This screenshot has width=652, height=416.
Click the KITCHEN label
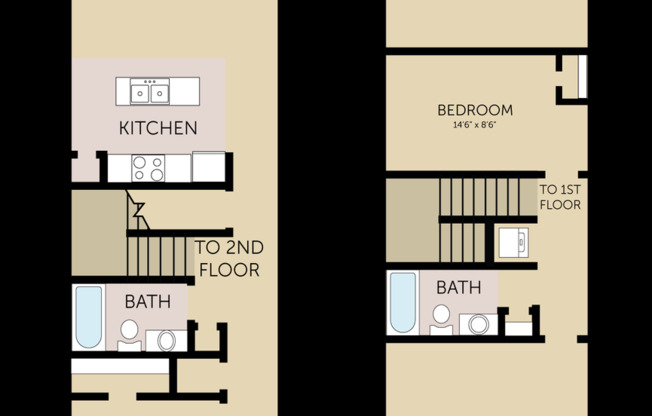(x=158, y=128)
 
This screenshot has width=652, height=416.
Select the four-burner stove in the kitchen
(x=149, y=167)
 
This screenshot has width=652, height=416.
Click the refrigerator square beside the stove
(x=209, y=167)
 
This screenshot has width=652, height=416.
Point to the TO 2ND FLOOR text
(x=229, y=259)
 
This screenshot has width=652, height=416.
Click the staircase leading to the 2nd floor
(x=158, y=256)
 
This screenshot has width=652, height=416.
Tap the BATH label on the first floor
(x=148, y=301)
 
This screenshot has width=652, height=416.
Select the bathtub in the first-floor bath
(x=89, y=317)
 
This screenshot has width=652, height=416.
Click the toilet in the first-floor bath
(x=130, y=334)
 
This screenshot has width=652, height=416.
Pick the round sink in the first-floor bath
(x=166, y=340)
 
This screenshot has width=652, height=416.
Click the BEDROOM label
(x=475, y=110)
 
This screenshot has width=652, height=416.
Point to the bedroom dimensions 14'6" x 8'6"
(x=475, y=126)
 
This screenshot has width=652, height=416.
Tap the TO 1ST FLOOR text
(x=560, y=196)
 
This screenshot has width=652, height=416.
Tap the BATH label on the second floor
(x=458, y=288)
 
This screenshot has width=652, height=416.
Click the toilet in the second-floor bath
(x=442, y=318)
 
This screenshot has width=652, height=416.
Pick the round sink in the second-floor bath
(x=479, y=324)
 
